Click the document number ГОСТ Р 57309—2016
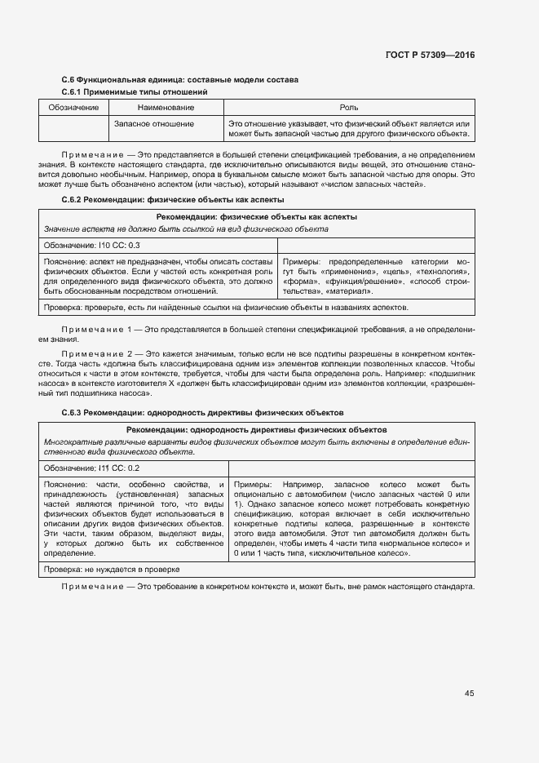(x=429, y=55)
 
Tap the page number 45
(x=469, y=693)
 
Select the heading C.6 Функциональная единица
(x=180, y=80)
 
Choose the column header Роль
(x=348, y=108)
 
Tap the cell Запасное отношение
(x=154, y=124)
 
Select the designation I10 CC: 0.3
(x=92, y=245)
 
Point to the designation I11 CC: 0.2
(x=92, y=468)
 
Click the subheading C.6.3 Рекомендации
(x=203, y=413)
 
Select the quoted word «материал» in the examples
(x=350, y=291)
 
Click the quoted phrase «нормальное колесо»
(x=418, y=543)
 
